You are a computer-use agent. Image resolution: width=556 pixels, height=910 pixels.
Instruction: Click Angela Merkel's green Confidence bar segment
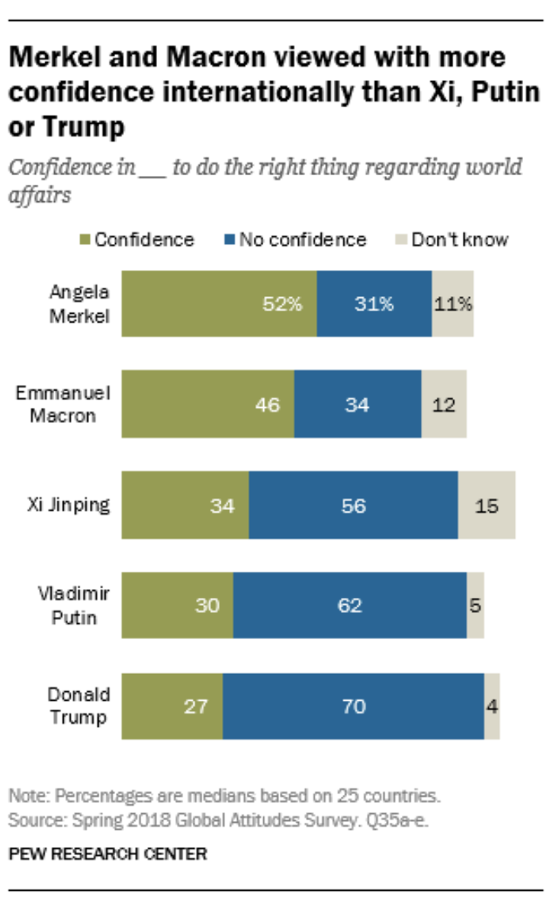(219, 304)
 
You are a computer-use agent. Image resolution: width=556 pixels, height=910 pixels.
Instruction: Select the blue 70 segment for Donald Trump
(353, 706)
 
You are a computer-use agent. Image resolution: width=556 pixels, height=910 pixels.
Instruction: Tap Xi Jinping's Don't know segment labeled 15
(487, 505)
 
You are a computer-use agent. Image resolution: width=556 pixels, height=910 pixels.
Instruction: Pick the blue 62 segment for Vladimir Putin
(349, 606)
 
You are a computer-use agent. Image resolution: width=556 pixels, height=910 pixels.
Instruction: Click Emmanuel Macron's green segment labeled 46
(208, 404)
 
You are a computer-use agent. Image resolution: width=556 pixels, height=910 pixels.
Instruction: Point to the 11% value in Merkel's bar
(453, 304)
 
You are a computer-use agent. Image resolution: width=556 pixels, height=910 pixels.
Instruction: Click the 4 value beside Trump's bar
(492, 706)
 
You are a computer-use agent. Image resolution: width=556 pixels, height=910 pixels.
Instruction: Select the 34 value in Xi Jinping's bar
(222, 506)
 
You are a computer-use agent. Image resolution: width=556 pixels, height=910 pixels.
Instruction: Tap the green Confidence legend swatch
(85, 240)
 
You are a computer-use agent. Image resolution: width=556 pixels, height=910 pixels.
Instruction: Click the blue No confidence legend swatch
(230, 240)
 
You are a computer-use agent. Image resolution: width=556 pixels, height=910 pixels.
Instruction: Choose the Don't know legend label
(460, 240)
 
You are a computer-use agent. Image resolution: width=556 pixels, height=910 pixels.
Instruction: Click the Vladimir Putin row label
(74, 606)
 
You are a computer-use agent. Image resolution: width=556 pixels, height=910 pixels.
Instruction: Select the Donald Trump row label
(78, 706)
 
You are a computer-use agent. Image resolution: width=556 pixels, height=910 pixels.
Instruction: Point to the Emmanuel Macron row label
(63, 404)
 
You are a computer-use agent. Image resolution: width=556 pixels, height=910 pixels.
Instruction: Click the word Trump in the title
(83, 127)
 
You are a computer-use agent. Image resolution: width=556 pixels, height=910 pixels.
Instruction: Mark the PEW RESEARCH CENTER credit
(108, 854)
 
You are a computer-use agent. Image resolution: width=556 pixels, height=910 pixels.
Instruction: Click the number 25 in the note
(347, 796)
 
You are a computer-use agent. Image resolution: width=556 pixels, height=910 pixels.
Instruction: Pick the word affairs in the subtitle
(40, 195)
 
